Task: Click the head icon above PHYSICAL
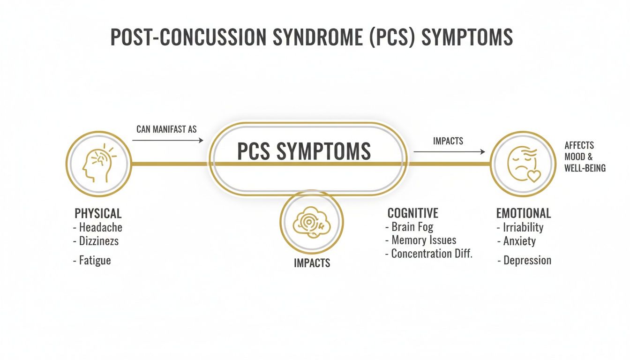tap(98, 164)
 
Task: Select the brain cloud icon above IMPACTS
tap(312, 221)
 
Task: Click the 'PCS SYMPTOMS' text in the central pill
tap(304, 151)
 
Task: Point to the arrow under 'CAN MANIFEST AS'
tap(167, 140)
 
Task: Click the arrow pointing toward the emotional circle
tap(449, 152)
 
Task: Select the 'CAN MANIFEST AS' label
tap(166, 129)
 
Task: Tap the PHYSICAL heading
tap(98, 214)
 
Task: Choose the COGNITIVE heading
tap(412, 213)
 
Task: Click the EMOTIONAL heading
tap(523, 214)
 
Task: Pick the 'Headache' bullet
tap(100, 228)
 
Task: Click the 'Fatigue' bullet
tap(94, 260)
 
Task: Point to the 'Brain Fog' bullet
tap(412, 227)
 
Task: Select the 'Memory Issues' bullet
tap(423, 240)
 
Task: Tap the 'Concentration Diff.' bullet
tap(431, 254)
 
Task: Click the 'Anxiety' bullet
tap(519, 241)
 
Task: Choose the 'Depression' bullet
tap(527, 261)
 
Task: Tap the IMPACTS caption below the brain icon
tap(312, 263)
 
